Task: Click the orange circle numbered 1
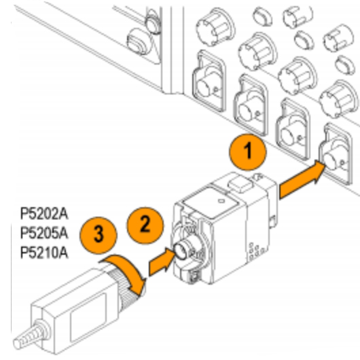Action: tap(247, 151)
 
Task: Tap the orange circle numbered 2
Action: tap(145, 226)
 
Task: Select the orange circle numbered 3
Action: tap(98, 235)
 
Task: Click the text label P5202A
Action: tap(44, 213)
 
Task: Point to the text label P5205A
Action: tap(44, 233)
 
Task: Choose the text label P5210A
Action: tap(44, 253)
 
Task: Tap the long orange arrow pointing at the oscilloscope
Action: tap(302, 179)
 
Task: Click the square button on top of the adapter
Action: tap(240, 185)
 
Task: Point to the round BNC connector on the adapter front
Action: tap(181, 251)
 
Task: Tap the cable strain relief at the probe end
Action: tap(31, 335)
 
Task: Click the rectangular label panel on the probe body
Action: tap(88, 317)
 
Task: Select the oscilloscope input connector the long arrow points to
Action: tap(336, 154)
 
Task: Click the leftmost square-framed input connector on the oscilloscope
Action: tap(209, 81)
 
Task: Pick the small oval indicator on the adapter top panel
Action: tap(221, 201)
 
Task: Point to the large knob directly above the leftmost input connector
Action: tap(215, 27)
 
